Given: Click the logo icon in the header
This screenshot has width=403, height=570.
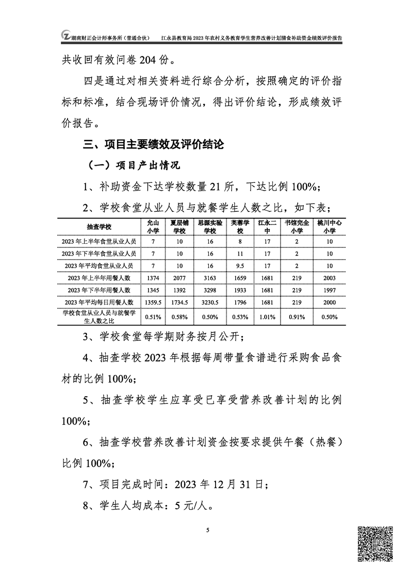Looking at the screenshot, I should click(x=66, y=36).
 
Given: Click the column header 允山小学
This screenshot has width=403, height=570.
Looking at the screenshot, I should click(x=152, y=226).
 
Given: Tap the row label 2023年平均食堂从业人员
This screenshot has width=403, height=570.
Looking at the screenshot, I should click(x=99, y=265).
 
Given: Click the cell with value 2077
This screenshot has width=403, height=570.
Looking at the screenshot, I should click(x=180, y=278).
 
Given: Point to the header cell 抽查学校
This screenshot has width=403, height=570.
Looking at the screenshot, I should click(x=99, y=226).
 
